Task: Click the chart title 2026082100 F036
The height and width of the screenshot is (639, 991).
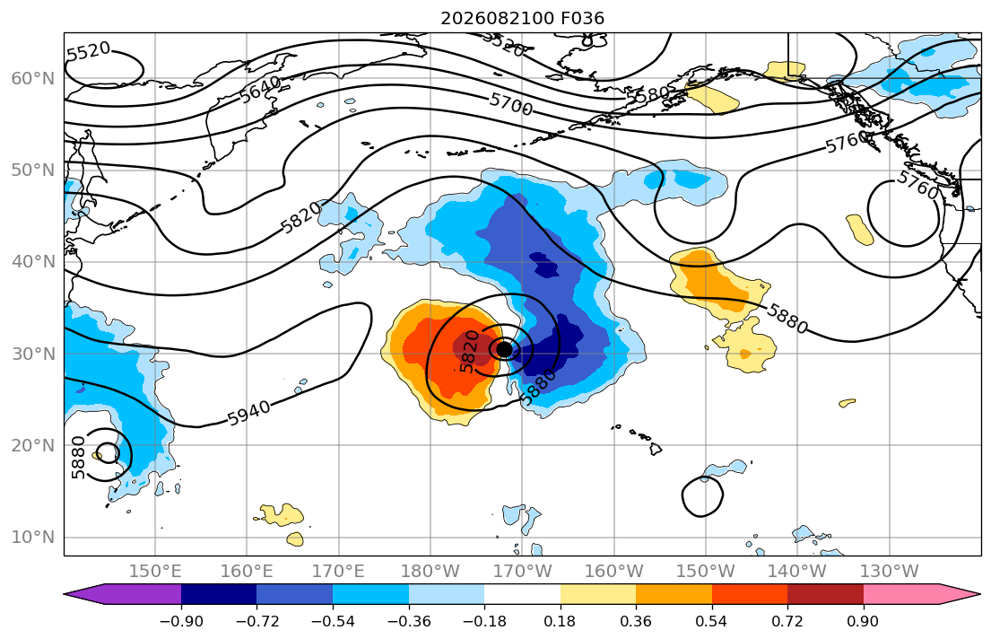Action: tap(522, 18)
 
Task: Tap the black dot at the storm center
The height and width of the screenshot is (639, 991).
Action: tap(504, 349)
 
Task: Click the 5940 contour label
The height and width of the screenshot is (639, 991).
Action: tap(248, 414)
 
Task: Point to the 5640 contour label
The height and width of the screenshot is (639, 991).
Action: tap(260, 89)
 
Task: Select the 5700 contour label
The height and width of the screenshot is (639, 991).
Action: tap(510, 104)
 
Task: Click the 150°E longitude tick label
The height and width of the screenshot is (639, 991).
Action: tap(155, 572)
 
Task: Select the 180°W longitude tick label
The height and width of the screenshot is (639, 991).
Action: tap(430, 572)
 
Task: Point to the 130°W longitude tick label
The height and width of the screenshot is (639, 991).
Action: tap(890, 572)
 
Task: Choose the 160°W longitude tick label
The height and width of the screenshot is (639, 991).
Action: tap(613, 572)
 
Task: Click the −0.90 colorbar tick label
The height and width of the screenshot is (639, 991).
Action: tap(181, 621)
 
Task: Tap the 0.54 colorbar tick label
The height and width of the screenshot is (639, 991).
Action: tap(712, 621)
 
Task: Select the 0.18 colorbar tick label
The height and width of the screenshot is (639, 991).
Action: tap(560, 621)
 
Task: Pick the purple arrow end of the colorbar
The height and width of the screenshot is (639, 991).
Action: tap(123, 594)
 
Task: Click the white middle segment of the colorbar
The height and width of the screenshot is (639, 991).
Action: tap(522, 594)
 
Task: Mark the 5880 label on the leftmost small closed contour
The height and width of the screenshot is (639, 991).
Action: tap(78, 458)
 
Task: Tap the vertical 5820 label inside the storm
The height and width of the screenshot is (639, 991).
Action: tap(469, 352)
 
